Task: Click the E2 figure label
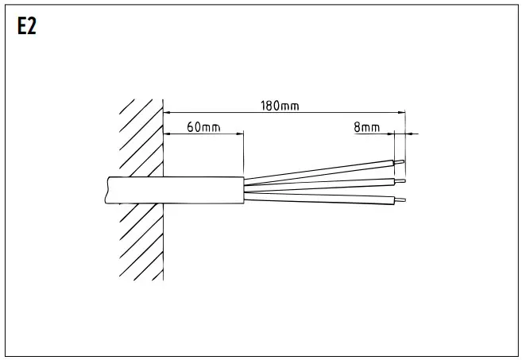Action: pos(26,27)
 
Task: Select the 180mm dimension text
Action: pos(279,106)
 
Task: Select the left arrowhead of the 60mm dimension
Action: pos(168,134)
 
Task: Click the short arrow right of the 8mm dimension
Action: pos(411,134)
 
